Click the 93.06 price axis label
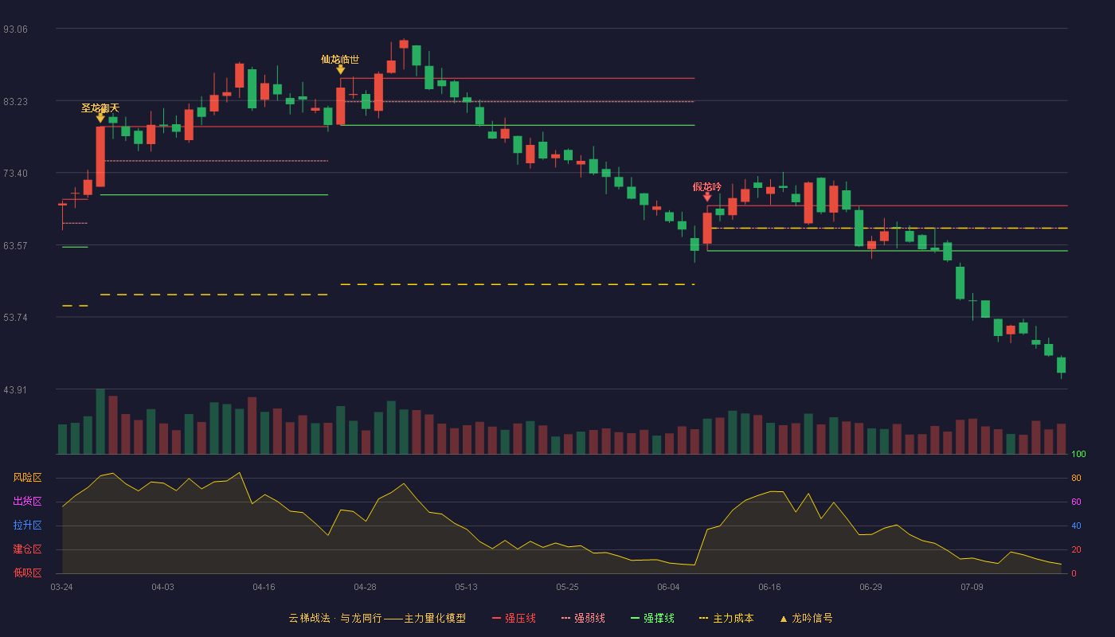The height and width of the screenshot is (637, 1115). click(x=15, y=29)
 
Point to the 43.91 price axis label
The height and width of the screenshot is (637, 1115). click(x=15, y=390)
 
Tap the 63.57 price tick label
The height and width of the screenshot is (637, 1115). click(x=15, y=246)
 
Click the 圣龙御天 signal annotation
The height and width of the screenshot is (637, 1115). click(x=100, y=108)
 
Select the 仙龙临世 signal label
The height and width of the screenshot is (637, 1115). click(x=340, y=60)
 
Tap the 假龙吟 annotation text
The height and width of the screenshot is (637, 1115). click(x=707, y=186)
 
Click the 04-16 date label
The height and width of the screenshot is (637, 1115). click(x=264, y=588)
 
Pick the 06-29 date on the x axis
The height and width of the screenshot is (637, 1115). click(x=870, y=588)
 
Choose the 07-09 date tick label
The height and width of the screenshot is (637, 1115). click(x=972, y=588)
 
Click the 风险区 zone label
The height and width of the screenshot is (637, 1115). click(x=27, y=478)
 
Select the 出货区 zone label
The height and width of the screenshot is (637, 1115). click(x=27, y=501)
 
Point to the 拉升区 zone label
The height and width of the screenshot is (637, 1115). click(x=27, y=525)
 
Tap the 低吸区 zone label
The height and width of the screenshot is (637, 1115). click(x=27, y=573)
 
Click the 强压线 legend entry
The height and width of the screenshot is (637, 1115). click(x=514, y=618)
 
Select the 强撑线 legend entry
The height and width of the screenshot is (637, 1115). click(x=652, y=618)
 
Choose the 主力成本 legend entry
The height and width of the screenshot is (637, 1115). click(x=726, y=618)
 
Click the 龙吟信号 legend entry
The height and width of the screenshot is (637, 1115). click(x=806, y=618)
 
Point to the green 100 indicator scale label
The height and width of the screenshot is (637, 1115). click(x=1078, y=454)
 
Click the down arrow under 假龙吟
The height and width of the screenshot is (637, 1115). click(x=707, y=197)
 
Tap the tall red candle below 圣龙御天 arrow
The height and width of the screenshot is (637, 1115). click(x=100, y=156)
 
